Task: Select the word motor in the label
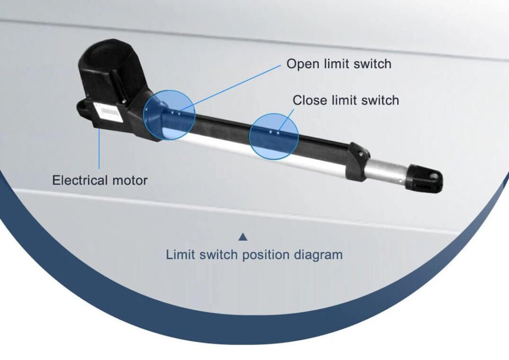131,180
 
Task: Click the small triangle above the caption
243,237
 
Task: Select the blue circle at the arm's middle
273,135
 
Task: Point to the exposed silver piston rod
388,170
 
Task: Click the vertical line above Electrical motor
99,149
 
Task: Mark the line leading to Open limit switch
234,87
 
